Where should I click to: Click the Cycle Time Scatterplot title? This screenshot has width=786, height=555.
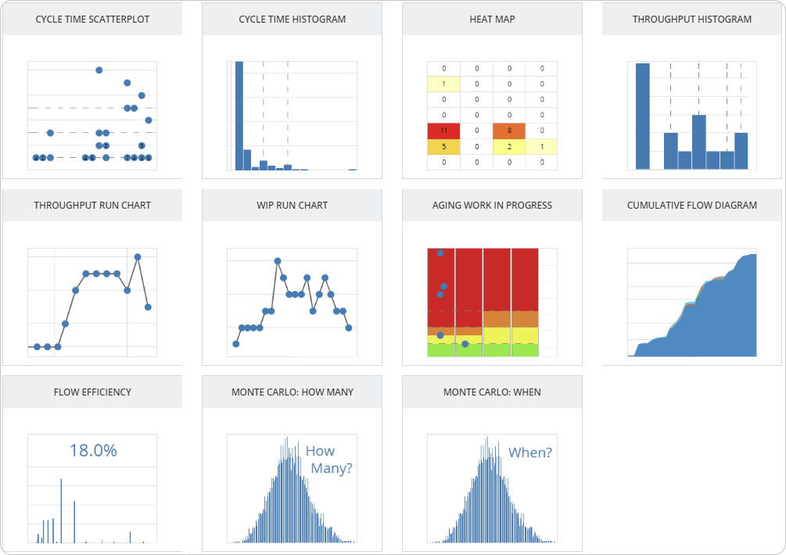coord(92,19)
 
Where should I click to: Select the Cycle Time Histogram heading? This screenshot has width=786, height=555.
coord(292,19)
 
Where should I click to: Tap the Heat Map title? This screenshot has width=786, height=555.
coord(492,19)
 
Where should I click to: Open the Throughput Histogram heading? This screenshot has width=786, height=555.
coord(692,19)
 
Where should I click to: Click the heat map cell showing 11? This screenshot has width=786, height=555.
coord(443,131)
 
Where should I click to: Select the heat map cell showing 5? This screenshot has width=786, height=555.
coord(443,146)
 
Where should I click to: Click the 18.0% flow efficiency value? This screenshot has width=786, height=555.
coord(92,450)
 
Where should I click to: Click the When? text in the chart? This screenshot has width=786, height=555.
coord(530,452)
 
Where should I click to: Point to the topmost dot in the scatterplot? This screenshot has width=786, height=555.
coord(99,70)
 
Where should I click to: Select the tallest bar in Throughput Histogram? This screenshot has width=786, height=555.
coord(643,116)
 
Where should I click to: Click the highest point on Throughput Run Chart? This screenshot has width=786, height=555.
coord(138,256)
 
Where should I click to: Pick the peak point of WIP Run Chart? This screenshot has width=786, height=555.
coord(278,261)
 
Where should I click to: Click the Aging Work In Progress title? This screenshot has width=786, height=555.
coord(492,205)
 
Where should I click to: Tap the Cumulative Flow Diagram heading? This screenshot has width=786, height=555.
coord(692,205)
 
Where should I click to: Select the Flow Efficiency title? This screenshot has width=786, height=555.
coord(92,392)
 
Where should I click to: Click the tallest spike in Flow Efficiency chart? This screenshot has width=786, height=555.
coord(61,510)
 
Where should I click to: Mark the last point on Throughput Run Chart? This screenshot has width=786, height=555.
coord(148,307)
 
